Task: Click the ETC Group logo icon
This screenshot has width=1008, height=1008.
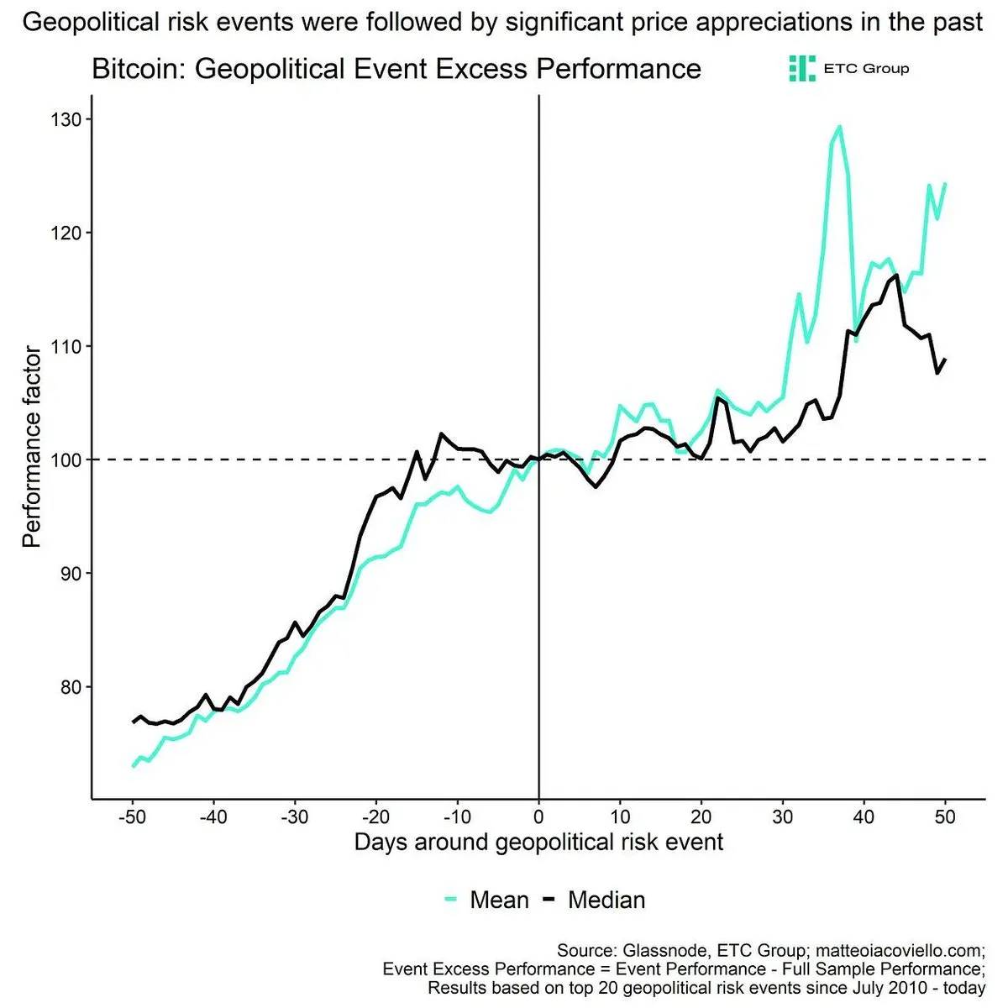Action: click(802, 68)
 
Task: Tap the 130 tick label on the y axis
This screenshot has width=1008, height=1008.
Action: click(65, 120)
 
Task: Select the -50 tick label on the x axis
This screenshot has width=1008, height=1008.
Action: click(131, 816)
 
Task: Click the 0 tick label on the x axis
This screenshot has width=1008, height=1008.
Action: click(538, 816)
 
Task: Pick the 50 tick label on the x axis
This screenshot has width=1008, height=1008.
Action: click(945, 816)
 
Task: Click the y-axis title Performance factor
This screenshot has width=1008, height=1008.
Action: click(31, 447)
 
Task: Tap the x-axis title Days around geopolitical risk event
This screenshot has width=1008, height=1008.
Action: click(538, 842)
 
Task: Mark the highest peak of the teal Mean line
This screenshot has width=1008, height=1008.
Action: click(839, 127)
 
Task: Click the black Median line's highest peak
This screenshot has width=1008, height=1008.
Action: click(897, 275)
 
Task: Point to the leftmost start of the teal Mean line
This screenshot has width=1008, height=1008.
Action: click(134, 766)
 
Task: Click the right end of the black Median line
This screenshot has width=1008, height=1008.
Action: click(945, 360)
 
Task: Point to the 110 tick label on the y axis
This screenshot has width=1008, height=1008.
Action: click(65, 346)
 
